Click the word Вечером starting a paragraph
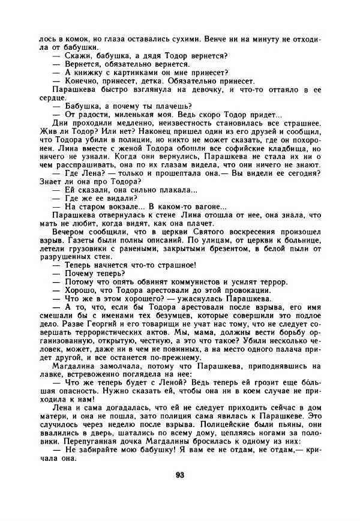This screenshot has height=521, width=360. [70, 232]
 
